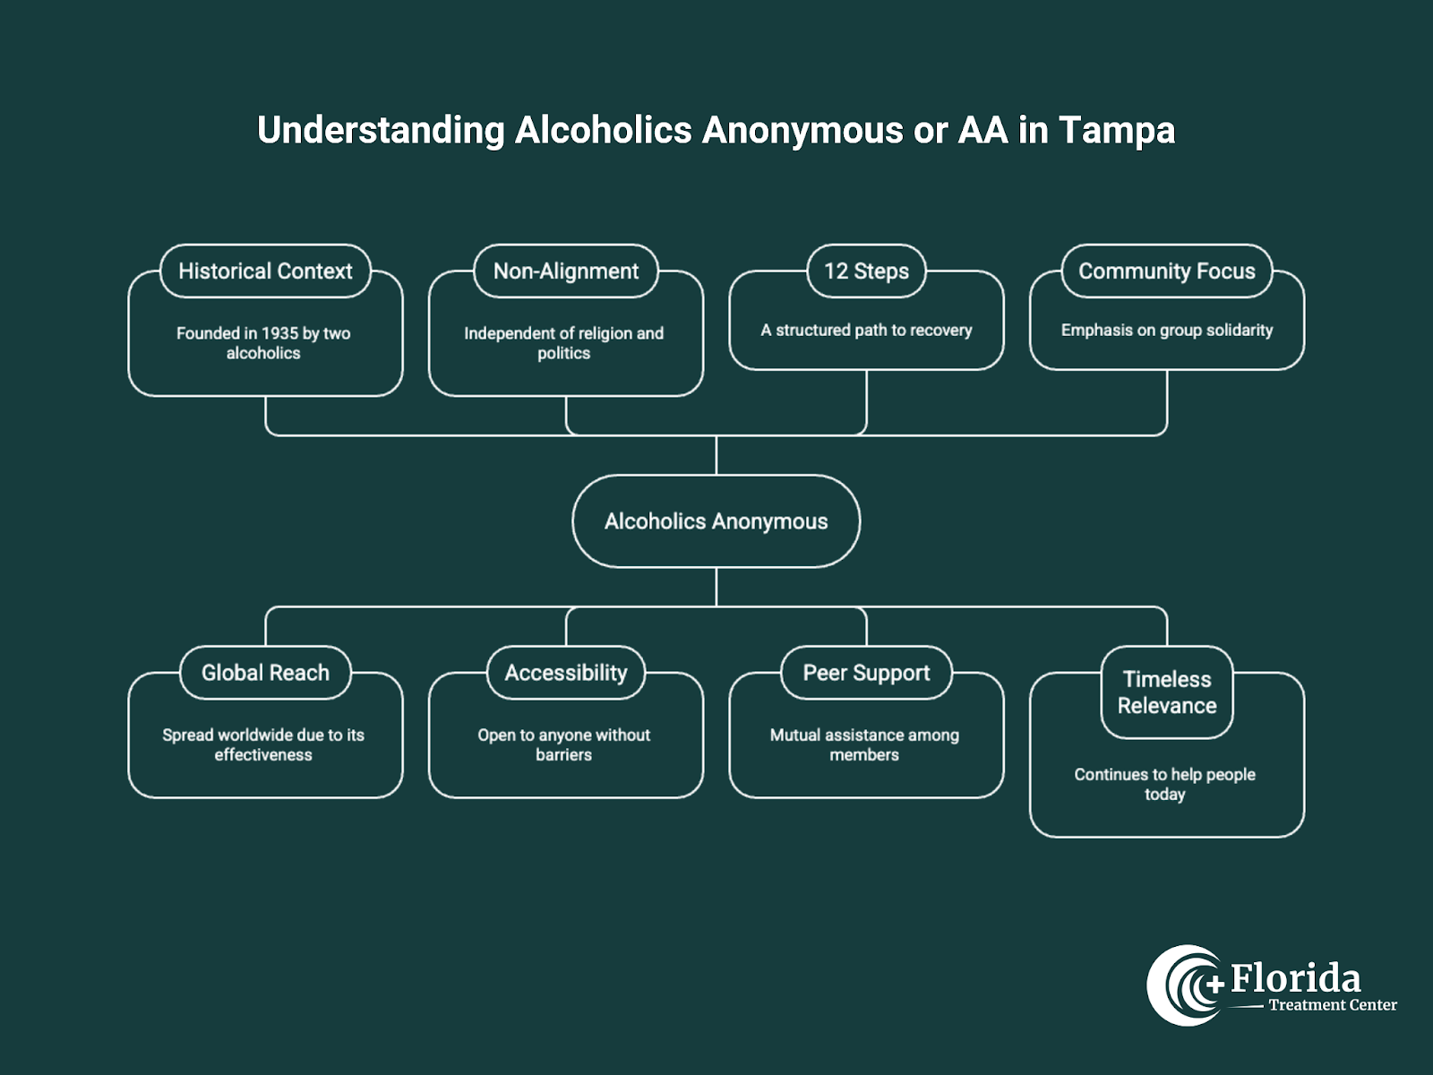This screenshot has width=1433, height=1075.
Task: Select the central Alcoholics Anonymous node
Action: tap(716, 521)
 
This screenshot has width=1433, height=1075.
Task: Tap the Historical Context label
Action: tap(265, 271)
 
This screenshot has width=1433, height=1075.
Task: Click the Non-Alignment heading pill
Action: tap(566, 271)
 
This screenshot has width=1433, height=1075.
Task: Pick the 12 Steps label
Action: tap(866, 271)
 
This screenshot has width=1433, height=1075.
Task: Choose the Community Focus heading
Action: tap(1166, 271)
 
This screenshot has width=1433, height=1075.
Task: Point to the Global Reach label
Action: tap(265, 673)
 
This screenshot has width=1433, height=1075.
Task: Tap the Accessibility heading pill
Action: tap(566, 673)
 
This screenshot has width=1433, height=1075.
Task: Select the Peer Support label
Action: tap(866, 673)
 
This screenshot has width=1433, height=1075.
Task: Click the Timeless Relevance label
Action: tap(1166, 692)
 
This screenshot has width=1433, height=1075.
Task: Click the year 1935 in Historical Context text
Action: tap(279, 333)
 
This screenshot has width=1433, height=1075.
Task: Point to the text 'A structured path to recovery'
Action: tap(866, 331)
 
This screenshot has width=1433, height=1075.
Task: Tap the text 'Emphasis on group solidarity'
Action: tap(1166, 331)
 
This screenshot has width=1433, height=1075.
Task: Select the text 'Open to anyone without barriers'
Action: tap(564, 744)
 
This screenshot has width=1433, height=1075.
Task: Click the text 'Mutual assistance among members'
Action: tap(864, 744)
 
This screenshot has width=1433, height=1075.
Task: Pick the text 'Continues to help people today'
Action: tap(1164, 784)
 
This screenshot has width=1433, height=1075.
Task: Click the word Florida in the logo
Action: tap(1295, 978)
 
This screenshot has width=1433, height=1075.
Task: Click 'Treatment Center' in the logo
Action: tap(1332, 1005)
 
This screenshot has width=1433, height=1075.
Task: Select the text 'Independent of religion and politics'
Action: tap(564, 343)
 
